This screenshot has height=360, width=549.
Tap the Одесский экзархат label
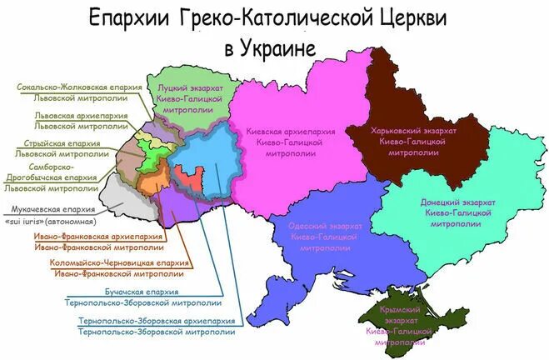click(325, 226)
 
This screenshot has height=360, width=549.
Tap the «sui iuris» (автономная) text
click(50, 222)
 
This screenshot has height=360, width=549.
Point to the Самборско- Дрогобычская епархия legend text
click(54, 172)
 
